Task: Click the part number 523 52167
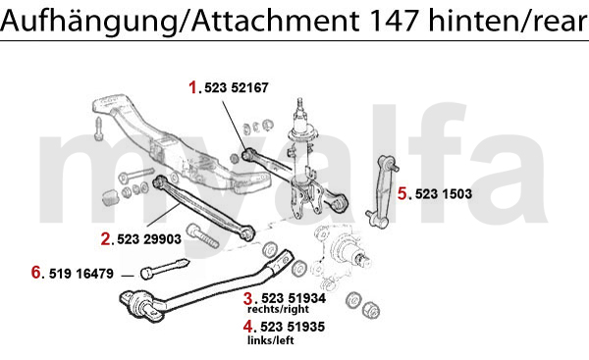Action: coord(237,88)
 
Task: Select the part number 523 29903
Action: coord(149,239)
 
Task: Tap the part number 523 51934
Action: coord(294,298)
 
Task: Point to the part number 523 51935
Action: coord(293,327)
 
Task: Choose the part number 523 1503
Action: coord(444,194)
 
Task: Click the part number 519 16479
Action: coord(81,274)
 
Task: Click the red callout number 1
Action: coord(193,88)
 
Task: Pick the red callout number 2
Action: coord(106,239)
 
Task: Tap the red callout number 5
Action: coord(402,193)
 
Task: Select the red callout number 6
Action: coord(35,273)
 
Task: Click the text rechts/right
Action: coord(278,309)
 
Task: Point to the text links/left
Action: coord(271,340)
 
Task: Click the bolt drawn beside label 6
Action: coord(165,269)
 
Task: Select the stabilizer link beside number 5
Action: coord(382,191)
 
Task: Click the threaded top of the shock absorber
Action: coord(299,105)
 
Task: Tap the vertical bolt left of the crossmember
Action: coord(99,129)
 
